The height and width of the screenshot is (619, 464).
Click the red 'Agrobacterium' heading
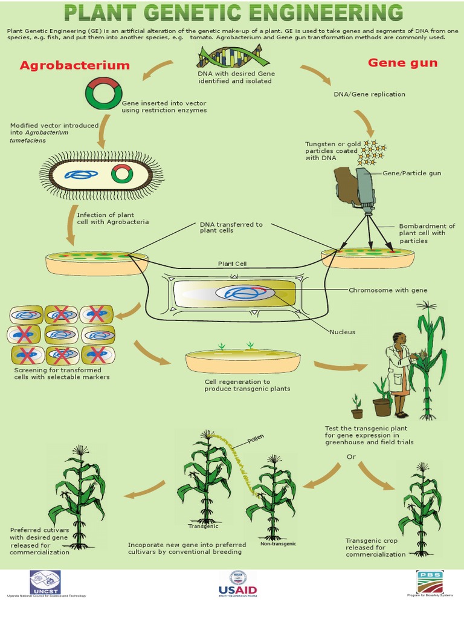tap(75, 65)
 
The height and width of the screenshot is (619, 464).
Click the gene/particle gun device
tap(359, 188)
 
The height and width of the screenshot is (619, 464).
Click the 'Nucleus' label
tap(342, 332)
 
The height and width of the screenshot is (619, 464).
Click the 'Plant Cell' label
tap(233, 264)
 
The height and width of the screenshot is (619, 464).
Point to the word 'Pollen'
tap(255, 439)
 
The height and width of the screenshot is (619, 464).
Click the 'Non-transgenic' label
tap(278, 544)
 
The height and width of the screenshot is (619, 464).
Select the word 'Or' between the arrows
tap(352, 456)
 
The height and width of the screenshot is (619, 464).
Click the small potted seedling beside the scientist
tap(357, 407)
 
